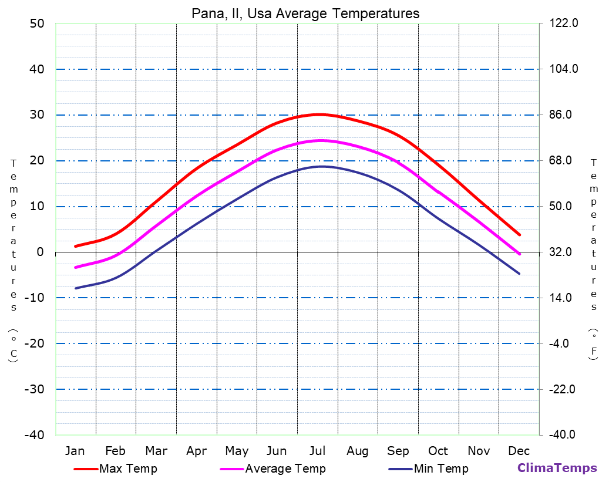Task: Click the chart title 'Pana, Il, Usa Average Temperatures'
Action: (305, 14)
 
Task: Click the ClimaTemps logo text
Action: (557, 468)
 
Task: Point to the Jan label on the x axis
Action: (75, 451)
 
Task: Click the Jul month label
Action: (318, 451)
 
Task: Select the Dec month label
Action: (519, 451)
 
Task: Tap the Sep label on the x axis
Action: (398, 451)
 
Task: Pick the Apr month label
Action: (196, 451)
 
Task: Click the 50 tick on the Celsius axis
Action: (36, 23)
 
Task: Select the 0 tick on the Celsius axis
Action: (40, 252)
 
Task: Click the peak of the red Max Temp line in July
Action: (319, 114)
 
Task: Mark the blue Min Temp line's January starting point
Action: (76, 288)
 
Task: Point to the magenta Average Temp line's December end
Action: (519, 254)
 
